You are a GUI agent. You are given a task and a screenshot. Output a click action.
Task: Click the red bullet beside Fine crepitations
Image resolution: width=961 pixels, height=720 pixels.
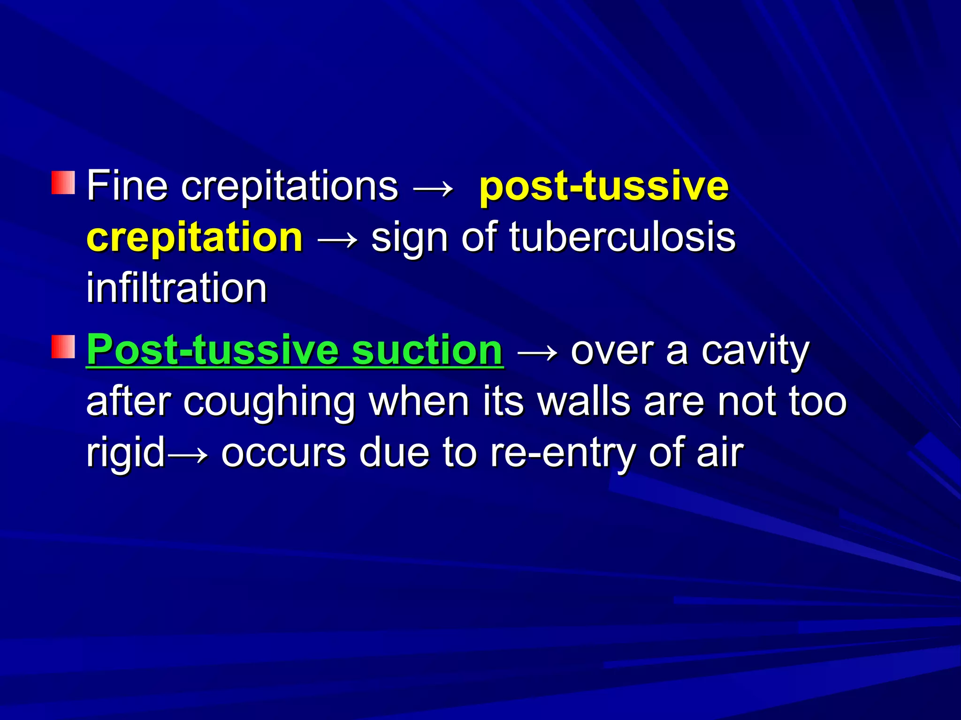tap(63, 183)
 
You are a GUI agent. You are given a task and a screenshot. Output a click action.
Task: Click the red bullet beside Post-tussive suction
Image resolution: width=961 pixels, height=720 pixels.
tap(63, 347)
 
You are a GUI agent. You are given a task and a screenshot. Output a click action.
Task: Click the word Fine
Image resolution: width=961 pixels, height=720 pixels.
tap(127, 186)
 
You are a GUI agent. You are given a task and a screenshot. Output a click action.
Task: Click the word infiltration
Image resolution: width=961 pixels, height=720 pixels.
tap(176, 288)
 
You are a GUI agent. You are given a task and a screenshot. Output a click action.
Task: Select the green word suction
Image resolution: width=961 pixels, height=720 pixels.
tap(427, 350)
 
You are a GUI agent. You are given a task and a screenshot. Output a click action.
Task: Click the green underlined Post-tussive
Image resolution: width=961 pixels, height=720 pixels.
tap(212, 350)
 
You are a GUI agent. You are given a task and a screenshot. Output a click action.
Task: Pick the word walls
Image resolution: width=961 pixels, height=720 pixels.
tap(583, 402)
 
